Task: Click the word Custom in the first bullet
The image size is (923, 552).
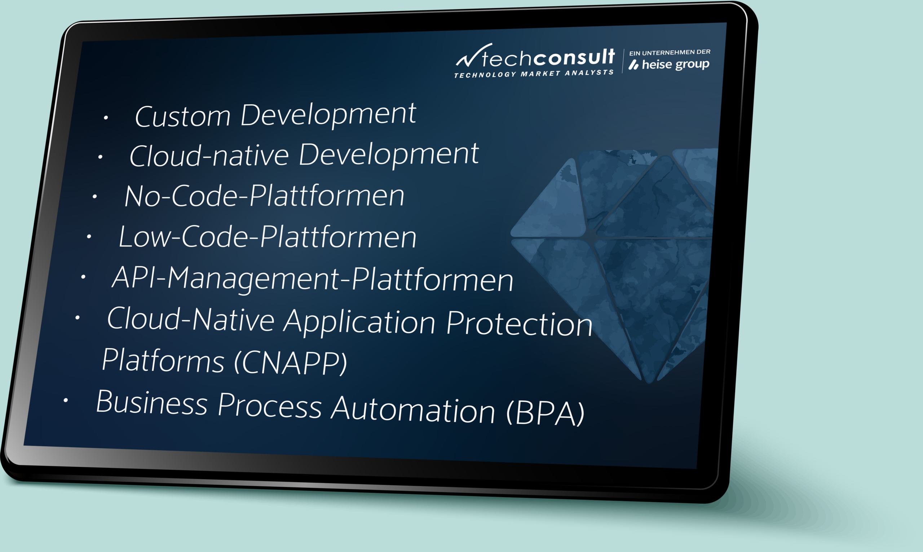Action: pos(182,116)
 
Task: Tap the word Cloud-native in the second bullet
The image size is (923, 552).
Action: pos(209,155)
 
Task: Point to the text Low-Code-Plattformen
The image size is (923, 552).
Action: pos(267,237)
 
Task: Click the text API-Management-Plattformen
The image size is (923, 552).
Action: pos(313,279)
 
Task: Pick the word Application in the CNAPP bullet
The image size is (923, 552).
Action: pos(359,322)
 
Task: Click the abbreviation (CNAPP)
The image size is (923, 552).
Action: pos(290,363)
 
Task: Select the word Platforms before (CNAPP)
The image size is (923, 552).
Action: pos(163,360)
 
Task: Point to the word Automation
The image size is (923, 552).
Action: pos(413,409)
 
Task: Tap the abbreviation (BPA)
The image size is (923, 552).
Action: pos(545,413)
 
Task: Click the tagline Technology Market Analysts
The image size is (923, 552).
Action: pos(534,74)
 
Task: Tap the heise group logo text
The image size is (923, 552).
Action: pos(669,65)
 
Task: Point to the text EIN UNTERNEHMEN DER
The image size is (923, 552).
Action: pos(670,52)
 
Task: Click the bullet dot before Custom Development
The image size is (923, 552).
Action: pos(106,118)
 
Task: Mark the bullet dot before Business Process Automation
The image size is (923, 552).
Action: pos(65,400)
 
